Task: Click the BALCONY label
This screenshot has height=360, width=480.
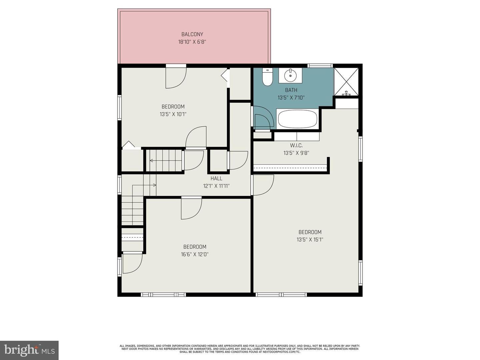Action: pos(192,34)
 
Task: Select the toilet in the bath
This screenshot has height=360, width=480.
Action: pos(267,77)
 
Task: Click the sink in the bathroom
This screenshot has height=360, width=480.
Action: pos(290,75)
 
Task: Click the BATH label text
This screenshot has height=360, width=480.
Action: pos(291,90)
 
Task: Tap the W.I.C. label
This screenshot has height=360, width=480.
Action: pos(296,146)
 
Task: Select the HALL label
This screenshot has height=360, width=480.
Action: pos(216,179)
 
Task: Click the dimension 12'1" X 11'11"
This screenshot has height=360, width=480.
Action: pos(216,186)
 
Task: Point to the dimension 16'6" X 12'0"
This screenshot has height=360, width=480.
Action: pos(195,254)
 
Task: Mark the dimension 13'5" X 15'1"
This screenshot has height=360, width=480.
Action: pos(310,240)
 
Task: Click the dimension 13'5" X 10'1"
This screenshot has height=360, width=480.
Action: pos(173,114)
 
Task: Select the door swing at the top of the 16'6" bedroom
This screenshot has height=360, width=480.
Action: pos(191,208)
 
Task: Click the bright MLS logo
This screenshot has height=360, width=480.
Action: pos(29,350)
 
